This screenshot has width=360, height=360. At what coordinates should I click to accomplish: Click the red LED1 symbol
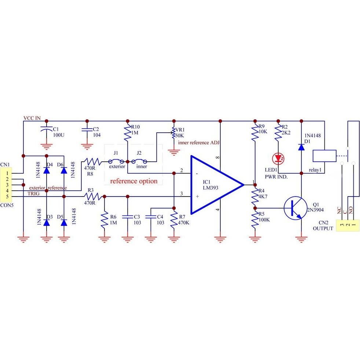[278, 159]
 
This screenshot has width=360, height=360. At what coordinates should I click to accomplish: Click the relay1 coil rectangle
[324, 156]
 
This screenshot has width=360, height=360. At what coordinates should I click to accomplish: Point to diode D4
[47, 170]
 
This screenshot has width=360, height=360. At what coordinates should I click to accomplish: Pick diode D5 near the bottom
[64, 223]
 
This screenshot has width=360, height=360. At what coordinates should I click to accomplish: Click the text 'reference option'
[133, 181]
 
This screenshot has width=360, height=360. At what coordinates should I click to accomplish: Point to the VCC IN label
[34, 118]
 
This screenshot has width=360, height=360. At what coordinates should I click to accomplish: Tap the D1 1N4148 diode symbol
[301, 147]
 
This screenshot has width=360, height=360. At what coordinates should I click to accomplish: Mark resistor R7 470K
[173, 219]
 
